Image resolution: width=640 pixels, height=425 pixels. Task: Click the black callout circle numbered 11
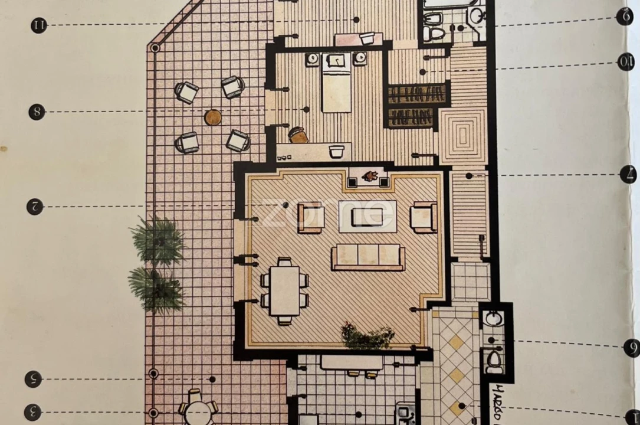[x=39, y=25]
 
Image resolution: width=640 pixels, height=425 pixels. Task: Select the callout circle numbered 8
[x=37, y=112]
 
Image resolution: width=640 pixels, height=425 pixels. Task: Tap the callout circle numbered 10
[x=626, y=61]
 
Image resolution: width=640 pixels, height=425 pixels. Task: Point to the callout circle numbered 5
[x=33, y=379]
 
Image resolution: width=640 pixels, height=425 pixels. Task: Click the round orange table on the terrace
[x=213, y=117]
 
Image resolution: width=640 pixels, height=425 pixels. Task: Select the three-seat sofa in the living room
[x=368, y=257]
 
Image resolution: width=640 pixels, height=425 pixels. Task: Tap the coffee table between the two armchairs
[x=367, y=216]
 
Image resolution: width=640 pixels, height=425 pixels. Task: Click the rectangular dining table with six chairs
[x=285, y=292]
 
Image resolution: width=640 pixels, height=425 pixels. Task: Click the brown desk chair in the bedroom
[x=298, y=135]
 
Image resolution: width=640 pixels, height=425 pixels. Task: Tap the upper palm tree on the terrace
[x=157, y=240]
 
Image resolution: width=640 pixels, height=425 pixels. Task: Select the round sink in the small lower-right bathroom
[x=493, y=319]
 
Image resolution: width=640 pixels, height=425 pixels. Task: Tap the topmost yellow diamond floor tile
[x=456, y=342]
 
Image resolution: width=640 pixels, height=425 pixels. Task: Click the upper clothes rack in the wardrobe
[x=416, y=94]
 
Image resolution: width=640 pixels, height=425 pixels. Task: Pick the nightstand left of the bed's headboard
[x=312, y=59]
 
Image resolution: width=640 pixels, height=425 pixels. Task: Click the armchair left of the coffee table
[x=310, y=217]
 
